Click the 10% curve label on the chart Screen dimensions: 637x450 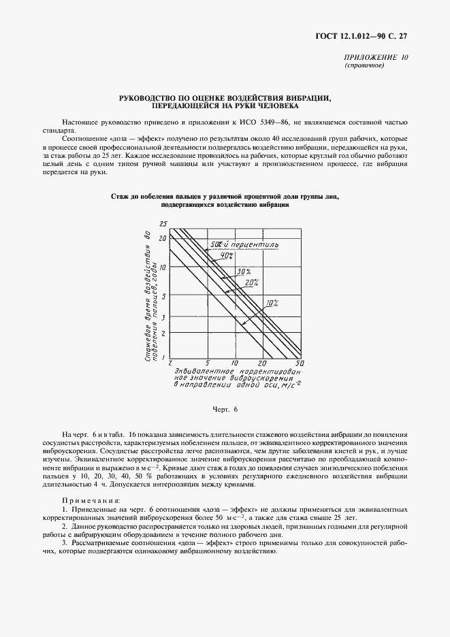point(272,301)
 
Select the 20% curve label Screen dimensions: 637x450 point(251,282)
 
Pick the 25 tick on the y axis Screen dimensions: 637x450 point(163,224)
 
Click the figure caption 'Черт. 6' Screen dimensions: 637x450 point(225,409)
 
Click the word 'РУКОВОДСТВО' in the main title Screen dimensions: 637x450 point(148,98)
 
